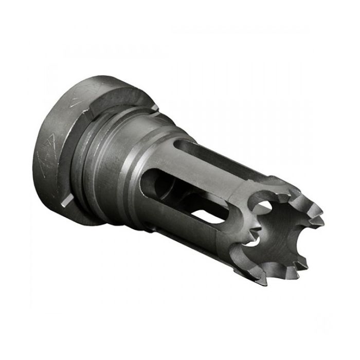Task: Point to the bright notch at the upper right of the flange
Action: (155, 107)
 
